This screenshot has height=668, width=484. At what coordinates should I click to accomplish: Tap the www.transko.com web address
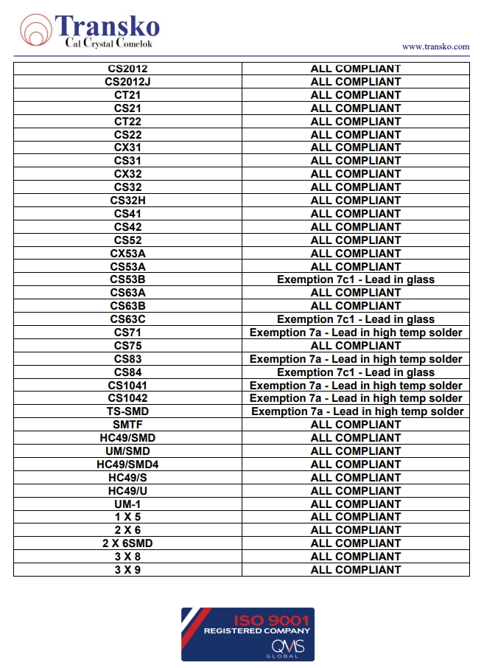coord(435,46)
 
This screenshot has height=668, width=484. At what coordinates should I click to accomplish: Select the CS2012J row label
coord(127,82)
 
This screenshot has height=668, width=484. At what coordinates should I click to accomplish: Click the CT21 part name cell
coord(127,95)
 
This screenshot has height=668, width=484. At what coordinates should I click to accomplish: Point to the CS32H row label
coord(127,201)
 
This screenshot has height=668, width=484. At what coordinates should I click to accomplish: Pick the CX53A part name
coord(127,254)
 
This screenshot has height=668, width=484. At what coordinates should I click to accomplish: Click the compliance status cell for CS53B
coord(356,280)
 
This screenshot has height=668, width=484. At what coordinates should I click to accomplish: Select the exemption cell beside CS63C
coord(356,319)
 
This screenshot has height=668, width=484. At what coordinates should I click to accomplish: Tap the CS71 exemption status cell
coord(356,333)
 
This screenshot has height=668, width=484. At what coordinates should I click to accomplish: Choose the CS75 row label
coord(127,346)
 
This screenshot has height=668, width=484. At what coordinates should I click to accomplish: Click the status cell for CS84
coord(356,372)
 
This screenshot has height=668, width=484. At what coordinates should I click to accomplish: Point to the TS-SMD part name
coord(127,411)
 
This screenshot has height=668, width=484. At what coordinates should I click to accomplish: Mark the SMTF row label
coord(127,425)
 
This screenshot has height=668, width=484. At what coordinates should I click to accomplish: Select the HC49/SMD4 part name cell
coord(127,465)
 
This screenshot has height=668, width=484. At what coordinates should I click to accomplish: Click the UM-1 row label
coord(127,504)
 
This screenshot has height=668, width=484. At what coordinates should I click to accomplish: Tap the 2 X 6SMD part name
coord(127,543)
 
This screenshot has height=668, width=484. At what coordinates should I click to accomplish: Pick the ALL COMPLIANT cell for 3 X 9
coord(356,570)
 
